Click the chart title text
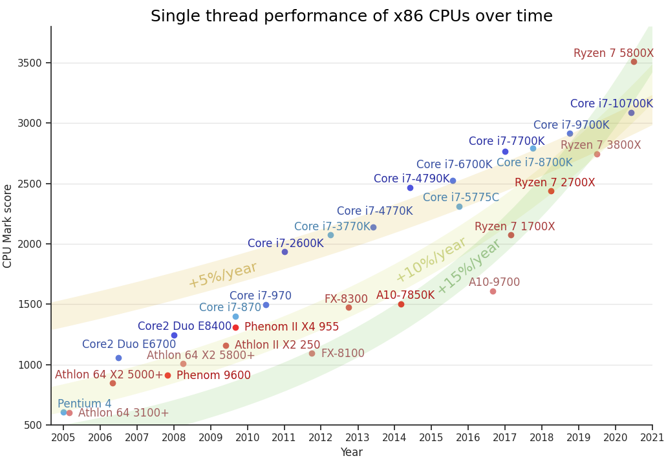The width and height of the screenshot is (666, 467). click(x=351, y=16)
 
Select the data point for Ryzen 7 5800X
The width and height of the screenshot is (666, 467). click(x=634, y=62)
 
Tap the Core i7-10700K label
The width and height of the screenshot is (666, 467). click(x=611, y=103)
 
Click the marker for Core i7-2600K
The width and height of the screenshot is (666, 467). click(x=285, y=252)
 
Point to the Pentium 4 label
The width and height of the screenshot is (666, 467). click(x=84, y=404)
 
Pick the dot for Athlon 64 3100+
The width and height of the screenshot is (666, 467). click(x=69, y=413)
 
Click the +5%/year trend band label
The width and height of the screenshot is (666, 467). click(x=222, y=275)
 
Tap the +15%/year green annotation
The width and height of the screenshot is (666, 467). click(x=469, y=266)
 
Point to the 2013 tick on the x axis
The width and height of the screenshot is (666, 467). click(x=358, y=437)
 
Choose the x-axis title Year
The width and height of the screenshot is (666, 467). click(x=351, y=452)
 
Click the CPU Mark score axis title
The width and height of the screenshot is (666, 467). click(x=8, y=226)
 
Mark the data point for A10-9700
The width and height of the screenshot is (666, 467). click(x=493, y=291)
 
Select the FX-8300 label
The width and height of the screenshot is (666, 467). click(x=346, y=299)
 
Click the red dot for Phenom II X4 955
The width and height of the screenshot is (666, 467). click(x=235, y=327)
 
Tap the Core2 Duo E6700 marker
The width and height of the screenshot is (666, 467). click(x=118, y=358)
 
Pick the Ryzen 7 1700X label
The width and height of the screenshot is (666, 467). click(x=515, y=226)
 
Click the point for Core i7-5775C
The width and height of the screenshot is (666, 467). click(x=459, y=206)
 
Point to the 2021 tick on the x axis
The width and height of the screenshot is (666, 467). click(x=652, y=437)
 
